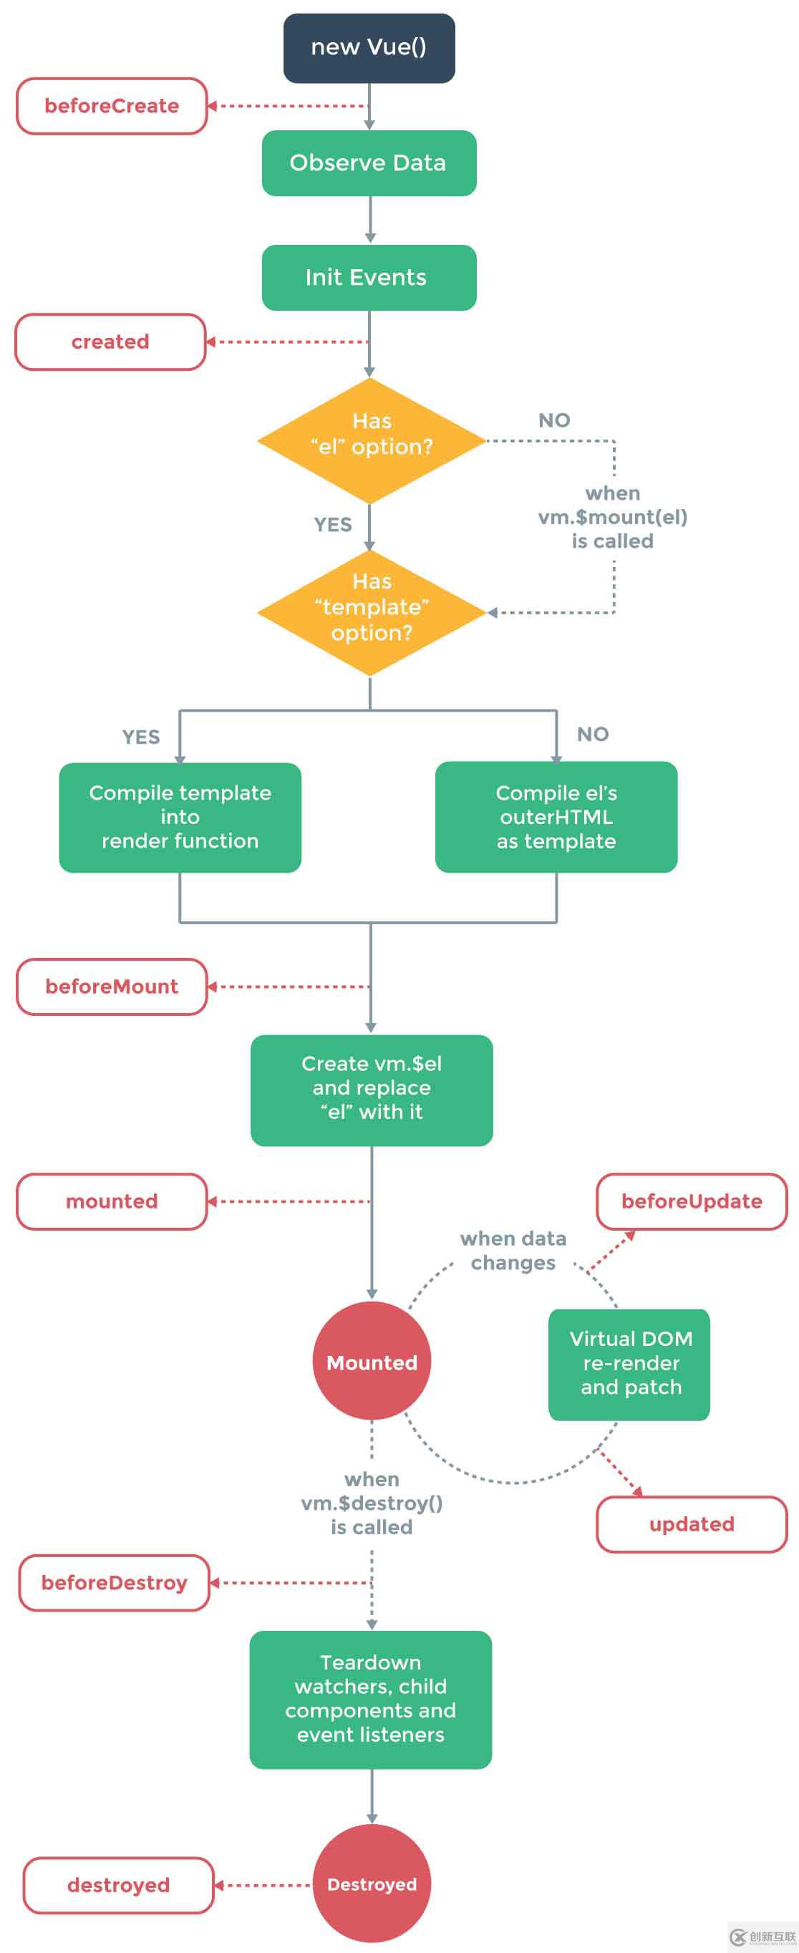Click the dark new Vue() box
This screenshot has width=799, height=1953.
[369, 48]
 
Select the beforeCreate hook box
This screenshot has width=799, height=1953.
[112, 106]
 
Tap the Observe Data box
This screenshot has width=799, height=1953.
[369, 163]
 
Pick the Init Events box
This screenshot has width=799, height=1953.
[369, 278]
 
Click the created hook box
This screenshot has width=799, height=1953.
[111, 342]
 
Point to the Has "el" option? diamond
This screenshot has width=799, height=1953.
[371, 440]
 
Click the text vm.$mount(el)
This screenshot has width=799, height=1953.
[613, 517]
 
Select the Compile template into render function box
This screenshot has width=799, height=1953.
[180, 818]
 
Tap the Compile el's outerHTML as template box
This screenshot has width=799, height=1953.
[556, 818]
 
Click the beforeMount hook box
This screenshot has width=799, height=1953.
[112, 987]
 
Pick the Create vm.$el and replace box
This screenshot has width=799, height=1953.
[372, 1090]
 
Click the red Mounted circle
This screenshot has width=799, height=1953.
[372, 1362]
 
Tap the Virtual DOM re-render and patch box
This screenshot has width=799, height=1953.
[629, 1364]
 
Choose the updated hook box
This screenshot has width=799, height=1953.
[692, 1524]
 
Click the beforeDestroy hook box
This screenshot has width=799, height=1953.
[114, 1582]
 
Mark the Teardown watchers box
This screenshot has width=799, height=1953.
[371, 1699]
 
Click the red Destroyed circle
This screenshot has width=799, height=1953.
[372, 1884]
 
